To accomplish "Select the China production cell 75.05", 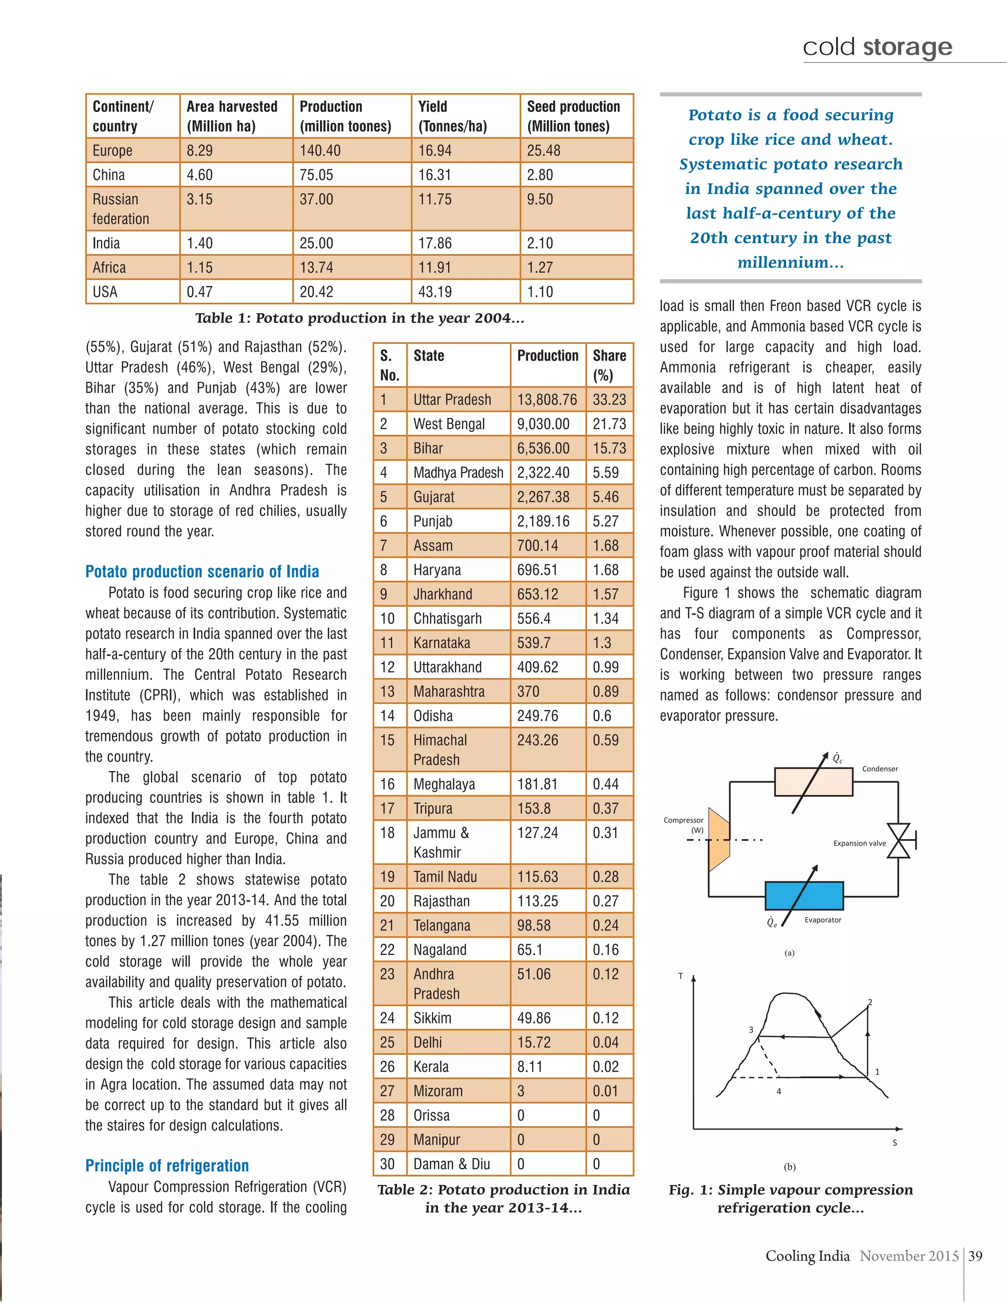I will (x=316, y=175).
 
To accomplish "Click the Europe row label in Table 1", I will (x=112, y=151).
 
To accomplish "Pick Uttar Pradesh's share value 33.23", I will (x=609, y=399).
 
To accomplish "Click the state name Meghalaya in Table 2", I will (x=444, y=784).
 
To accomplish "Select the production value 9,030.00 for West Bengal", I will (x=543, y=424).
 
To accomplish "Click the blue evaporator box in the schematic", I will (x=803, y=895).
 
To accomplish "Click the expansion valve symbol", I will (x=898, y=841).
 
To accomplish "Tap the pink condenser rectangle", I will (x=813, y=782).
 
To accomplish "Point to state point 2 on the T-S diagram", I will (x=869, y=1003).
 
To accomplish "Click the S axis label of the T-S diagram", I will (x=894, y=1143).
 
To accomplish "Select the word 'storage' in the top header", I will (x=907, y=47).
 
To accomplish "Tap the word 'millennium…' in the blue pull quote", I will (x=791, y=262).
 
